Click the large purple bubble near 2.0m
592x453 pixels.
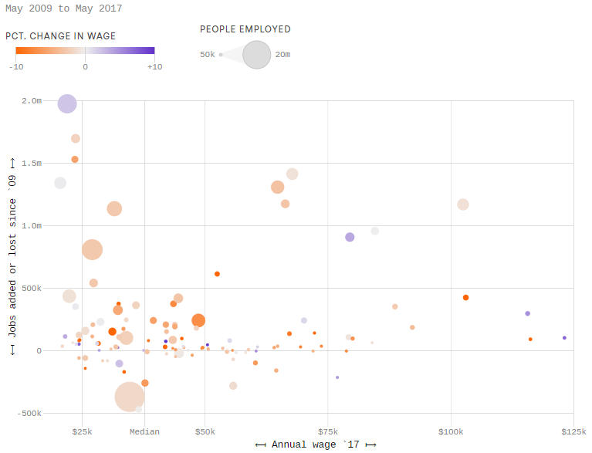pos(67,104)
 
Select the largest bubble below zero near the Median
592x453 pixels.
pos(130,397)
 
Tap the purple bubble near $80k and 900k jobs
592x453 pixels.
pos(350,238)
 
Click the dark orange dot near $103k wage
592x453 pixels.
pos(465,298)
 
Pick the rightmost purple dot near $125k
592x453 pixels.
pos(564,338)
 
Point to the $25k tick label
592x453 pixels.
pos(82,431)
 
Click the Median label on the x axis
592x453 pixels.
pos(144,431)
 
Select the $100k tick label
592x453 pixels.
pos(451,431)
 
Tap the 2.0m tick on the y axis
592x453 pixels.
pos(32,101)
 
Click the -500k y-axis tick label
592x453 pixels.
pos(30,414)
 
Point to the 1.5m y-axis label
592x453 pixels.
pos(32,164)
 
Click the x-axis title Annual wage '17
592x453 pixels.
pos(316,445)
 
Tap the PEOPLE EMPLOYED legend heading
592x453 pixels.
pos(245,29)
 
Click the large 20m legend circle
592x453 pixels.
pos(257,55)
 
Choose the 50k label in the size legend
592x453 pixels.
pos(207,55)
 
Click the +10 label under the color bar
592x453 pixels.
pos(154,66)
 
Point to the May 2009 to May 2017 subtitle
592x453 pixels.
pos(63,8)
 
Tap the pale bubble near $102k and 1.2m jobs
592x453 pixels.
pos(463,205)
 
